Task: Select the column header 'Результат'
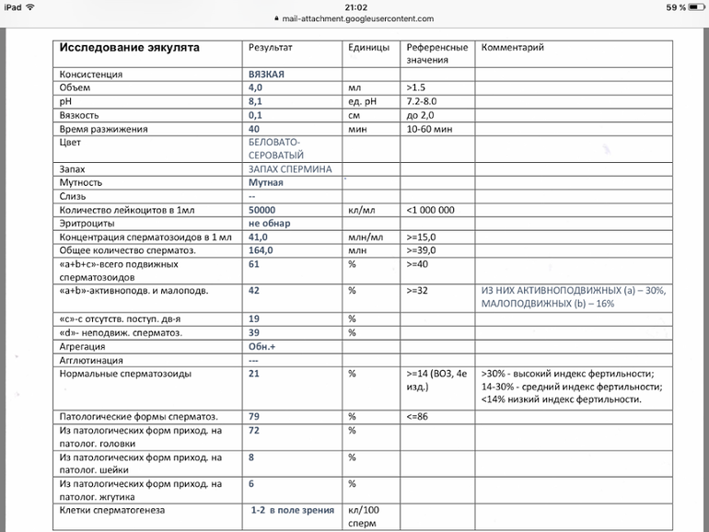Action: [271, 47]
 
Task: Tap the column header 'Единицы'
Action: [368, 47]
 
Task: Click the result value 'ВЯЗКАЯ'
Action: [266, 74]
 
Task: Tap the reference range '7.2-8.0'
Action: [426, 101]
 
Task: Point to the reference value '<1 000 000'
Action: [430, 210]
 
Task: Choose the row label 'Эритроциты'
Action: [89, 224]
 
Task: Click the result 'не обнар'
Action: [269, 224]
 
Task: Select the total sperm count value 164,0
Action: [262, 250]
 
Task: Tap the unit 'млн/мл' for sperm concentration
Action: [364, 237]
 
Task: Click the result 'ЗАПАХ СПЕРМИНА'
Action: [290, 169]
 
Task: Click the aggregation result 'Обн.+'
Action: [263, 347]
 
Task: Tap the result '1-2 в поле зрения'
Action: [293, 509]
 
